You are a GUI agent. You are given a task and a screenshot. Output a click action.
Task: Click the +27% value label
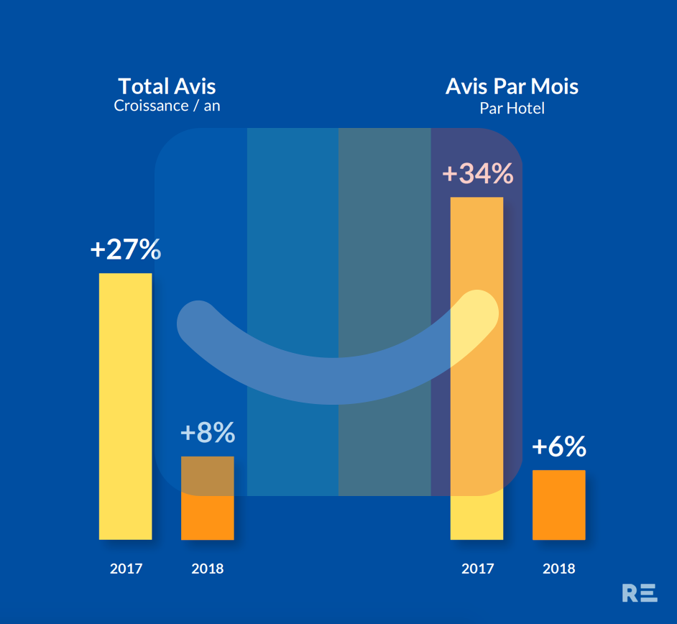coord(126,249)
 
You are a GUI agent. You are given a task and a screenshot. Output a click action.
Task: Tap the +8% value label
coord(208,432)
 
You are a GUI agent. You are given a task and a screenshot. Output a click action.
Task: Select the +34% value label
coord(478,173)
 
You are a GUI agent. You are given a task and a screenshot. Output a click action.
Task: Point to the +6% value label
coord(559,446)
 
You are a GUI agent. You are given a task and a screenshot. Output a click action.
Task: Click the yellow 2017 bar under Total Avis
coord(126,406)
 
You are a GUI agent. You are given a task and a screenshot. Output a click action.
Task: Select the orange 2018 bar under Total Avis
coord(208,498)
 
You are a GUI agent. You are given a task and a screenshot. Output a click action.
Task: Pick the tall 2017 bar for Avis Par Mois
coord(476,368)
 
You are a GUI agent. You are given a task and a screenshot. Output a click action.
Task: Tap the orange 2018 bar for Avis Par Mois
coord(559,505)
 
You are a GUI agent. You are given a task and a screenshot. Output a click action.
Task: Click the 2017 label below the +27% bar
coord(126,569)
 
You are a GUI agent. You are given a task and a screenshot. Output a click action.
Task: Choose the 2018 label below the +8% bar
coord(208,569)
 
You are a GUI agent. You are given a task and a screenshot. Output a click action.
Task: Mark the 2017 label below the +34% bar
coord(477,569)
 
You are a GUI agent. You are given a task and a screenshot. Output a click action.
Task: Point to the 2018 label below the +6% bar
coord(559,569)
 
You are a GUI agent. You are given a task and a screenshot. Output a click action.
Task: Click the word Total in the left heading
coord(143,86)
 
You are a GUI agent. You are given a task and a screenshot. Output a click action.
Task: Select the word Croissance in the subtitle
coord(151,106)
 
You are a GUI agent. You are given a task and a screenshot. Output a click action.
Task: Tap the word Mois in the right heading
coord(554,86)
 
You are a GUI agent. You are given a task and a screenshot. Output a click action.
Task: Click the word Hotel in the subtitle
coord(526,108)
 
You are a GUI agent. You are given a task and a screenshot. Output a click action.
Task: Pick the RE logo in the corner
coord(640,593)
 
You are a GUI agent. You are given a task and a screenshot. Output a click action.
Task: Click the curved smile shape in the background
coord(333,381)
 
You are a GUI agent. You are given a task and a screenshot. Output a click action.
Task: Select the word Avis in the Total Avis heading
coord(195,86)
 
